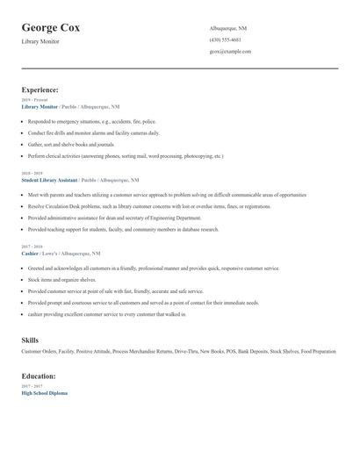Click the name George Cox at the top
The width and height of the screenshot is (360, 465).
tap(51, 27)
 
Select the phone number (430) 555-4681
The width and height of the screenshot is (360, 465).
tap(227, 39)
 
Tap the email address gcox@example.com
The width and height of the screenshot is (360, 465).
tap(231, 51)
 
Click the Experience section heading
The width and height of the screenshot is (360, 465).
tap(40, 89)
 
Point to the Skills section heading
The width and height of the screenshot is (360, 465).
tap(30, 339)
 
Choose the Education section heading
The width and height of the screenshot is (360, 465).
tap(39, 376)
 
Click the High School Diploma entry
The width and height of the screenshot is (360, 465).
tap(44, 393)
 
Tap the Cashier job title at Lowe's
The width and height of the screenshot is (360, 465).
tap(29, 253)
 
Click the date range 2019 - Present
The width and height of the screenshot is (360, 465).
tap(35, 100)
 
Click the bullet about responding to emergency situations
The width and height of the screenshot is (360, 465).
tap(92, 121)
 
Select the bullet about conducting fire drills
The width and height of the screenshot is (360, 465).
tap(94, 132)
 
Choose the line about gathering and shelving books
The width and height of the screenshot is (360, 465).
tap(72, 143)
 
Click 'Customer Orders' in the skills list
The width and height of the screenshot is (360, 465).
tap(37, 352)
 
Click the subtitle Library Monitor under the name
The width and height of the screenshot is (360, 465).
tap(40, 41)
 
